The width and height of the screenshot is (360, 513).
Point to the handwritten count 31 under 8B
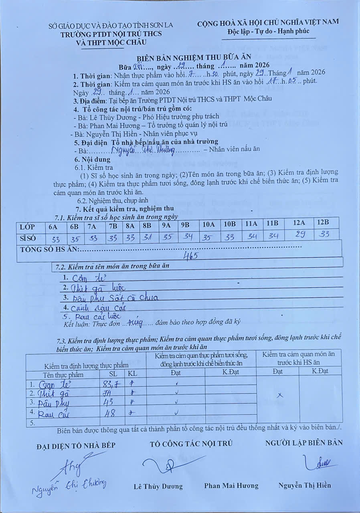[x=148, y=237]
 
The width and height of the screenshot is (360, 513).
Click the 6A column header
[x=53, y=227]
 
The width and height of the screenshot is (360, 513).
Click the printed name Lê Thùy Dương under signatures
[x=158, y=487]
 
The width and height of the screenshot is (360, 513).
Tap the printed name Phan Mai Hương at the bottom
[x=231, y=486]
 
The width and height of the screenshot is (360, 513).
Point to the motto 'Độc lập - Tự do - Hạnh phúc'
[x=268, y=31]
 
